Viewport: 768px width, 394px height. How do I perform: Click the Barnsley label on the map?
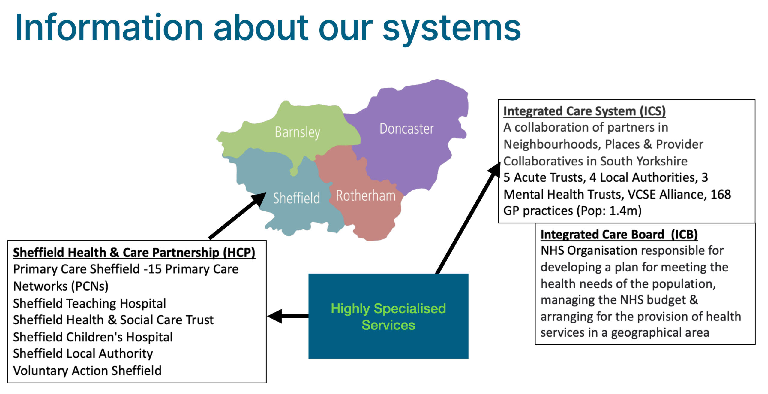(x=297, y=132)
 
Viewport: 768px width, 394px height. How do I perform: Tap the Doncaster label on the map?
(x=406, y=129)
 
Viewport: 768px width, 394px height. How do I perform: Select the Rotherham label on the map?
(x=366, y=196)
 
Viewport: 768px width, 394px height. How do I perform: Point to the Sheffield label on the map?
(x=296, y=198)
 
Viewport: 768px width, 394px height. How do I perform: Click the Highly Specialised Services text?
(x=388, y=317)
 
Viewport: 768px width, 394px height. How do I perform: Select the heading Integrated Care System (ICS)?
(x=584, y=111)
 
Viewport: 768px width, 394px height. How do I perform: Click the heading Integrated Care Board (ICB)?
(x=619, y=234)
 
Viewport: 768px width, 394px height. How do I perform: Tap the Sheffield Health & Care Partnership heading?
(x=134, y=253)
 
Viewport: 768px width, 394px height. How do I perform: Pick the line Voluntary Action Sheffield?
(x=87, y=371)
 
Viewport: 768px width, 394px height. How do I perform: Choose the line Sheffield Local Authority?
(x=83, y=354)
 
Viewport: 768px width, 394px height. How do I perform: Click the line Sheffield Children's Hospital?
(x=93, y=337)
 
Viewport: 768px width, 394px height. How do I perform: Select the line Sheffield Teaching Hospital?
(x=89, y=303)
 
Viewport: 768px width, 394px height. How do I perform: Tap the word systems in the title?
(x=451, y=29)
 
